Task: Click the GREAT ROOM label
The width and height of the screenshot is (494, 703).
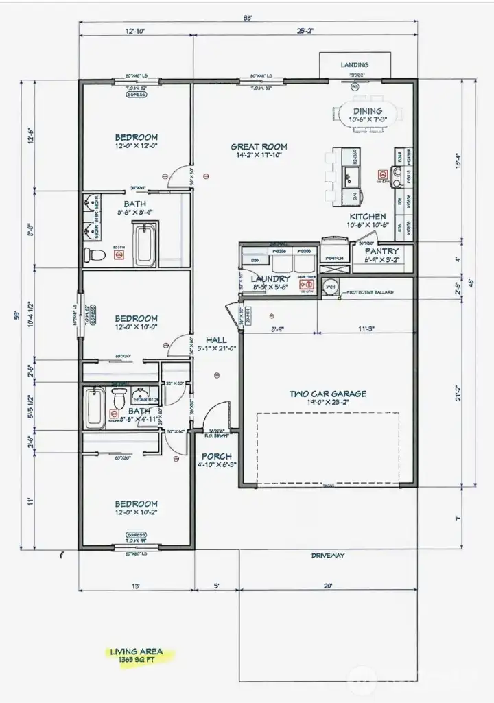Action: [x=259, y=146]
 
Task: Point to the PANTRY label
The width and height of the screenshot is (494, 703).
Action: [x=381, y=252]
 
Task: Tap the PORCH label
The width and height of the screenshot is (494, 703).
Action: [x=216, y=456]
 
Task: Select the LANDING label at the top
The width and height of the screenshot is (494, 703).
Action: [x=355, y=65]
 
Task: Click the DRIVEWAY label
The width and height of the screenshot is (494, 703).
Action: [x=327, y=556]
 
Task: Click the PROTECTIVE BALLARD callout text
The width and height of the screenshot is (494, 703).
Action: [x=370, y=292]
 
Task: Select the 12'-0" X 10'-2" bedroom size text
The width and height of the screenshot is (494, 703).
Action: [x=137, y=512]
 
